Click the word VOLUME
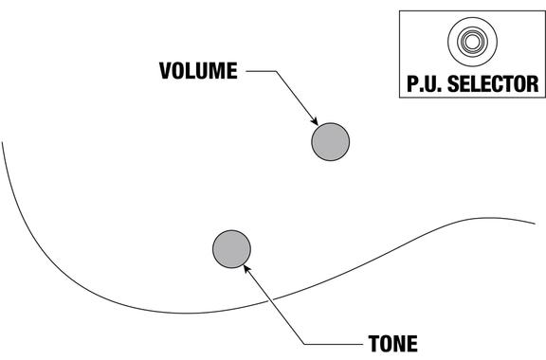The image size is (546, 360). pos(198,71)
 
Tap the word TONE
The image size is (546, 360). pos(393,344)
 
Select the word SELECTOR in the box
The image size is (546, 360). pos(493,84)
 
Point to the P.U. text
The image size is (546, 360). pos(425,84)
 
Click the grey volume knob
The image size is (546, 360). pos(331,142)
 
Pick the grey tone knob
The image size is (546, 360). pos(231,249)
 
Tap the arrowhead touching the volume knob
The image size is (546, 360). pos(314,121)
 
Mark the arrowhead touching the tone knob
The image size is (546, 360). pos(246,269)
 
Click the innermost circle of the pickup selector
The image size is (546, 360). pos(472,42)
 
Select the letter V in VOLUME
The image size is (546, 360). pos(165,71)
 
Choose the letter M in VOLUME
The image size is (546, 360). pos(217,71)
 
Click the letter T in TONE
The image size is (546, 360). pos(373,344)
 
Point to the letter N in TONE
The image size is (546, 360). pos(400,344)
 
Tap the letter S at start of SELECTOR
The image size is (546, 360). pos(453,84)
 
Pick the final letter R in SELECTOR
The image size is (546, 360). pos(534,84)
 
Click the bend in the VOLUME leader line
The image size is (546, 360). pos(276,71)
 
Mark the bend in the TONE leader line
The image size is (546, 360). pos(304,344)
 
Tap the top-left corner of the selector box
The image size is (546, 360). pos(399,10)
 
